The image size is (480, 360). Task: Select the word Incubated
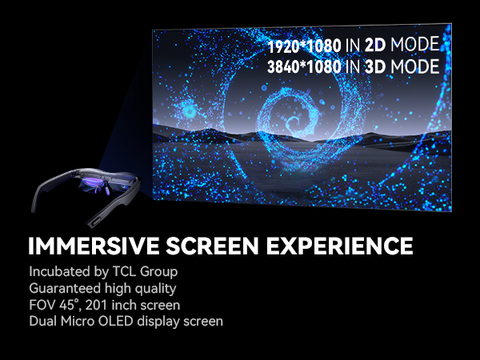pyautogui.click(x=56, y=270)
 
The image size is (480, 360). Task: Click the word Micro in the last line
pyautogui.click(x=77, y=322)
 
